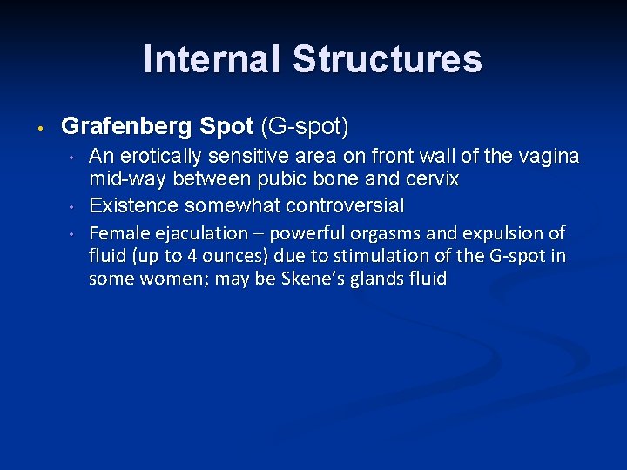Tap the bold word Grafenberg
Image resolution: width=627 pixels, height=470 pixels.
pos(127,126)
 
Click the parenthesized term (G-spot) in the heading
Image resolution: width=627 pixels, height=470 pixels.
pos(304,126)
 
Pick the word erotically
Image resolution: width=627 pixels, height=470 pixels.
pos(162,156)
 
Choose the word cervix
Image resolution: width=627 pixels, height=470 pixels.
pos(429,178)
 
